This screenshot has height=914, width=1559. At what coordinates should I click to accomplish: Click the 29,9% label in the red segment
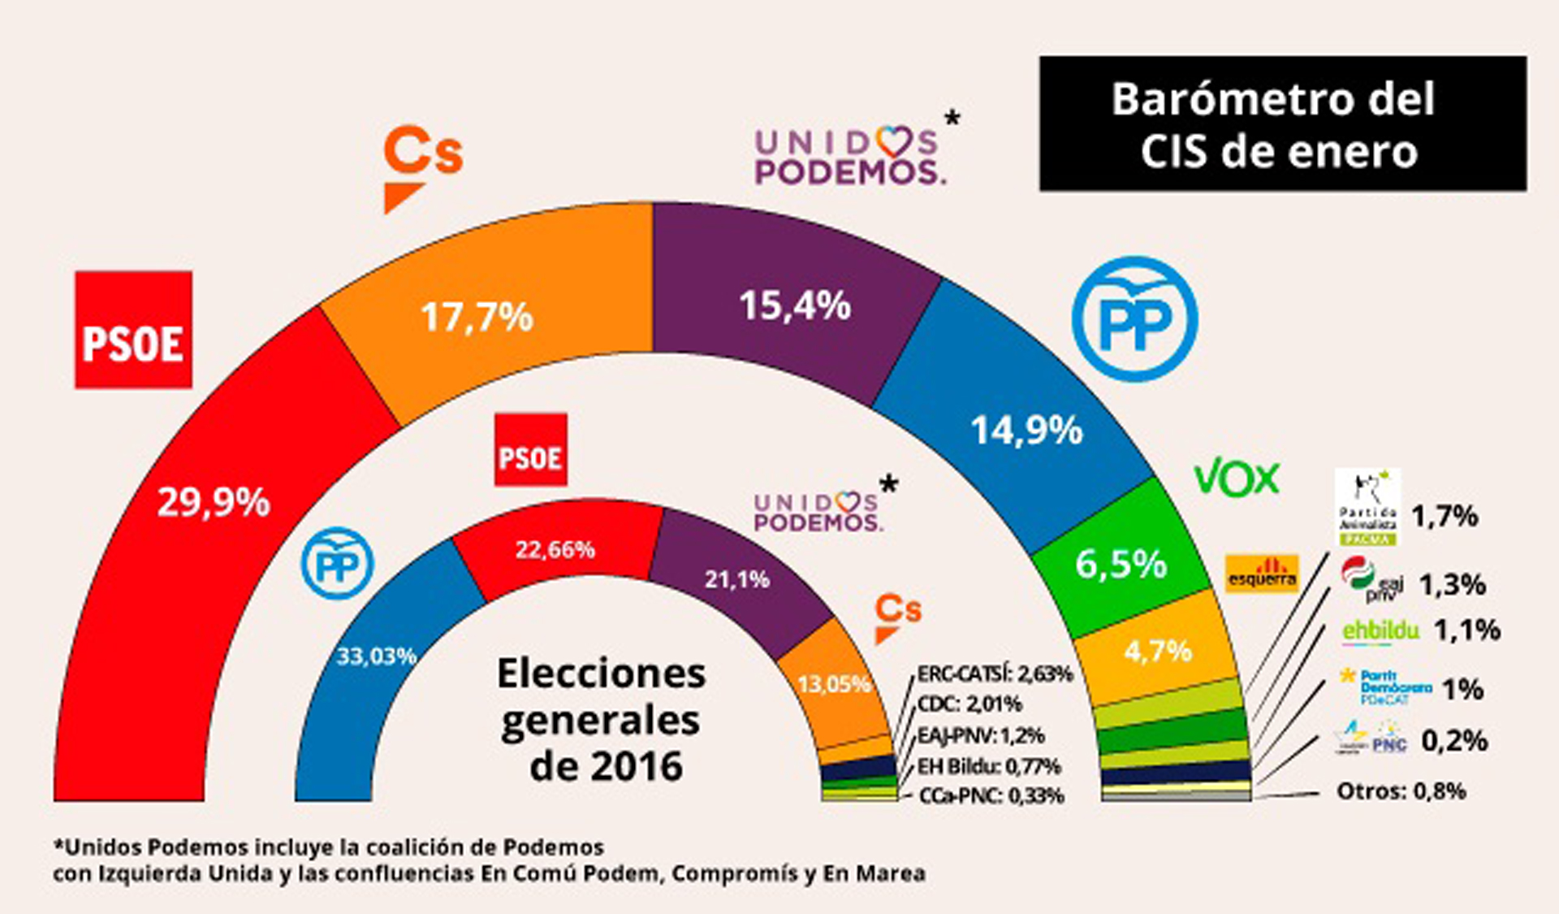[x=213, y=502]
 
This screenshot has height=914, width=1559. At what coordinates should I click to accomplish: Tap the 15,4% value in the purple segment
[x=794, y=306]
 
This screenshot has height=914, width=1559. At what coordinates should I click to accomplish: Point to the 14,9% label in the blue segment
[x=1026, y=430]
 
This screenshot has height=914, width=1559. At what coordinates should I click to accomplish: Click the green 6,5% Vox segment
[x=1121, y=563]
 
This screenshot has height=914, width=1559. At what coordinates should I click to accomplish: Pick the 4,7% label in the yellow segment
[x=1158, y=651]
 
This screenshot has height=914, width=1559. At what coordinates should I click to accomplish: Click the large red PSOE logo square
[x=134, y=330]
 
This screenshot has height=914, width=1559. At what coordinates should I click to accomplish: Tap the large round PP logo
[x=1134, y=319]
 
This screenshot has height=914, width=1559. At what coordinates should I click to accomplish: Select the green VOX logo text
[x=1236, y=478]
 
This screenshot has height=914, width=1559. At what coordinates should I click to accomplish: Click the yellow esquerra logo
[x=1261, y=574]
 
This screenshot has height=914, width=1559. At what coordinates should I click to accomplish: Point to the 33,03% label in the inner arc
[x=377, y=656]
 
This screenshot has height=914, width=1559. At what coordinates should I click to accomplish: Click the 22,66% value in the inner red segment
[x=555, y=550]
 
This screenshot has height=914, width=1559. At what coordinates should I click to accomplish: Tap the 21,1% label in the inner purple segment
[x=736, y=579]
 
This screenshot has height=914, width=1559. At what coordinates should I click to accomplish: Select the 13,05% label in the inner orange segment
[x=835, y=684]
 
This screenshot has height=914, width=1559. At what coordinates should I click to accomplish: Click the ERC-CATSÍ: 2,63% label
[x=994, y=674]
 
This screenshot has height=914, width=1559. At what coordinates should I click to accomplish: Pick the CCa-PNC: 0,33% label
[x=991, y=796]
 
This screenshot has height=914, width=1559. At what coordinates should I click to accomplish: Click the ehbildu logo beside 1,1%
[x=1380, y=630]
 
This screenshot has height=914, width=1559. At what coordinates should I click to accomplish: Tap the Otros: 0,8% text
[x=1401, y=791]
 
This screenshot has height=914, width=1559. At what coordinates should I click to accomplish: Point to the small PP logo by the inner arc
[x=337, y=564]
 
